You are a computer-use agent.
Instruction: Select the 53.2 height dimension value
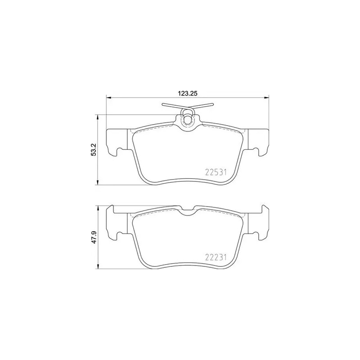94,149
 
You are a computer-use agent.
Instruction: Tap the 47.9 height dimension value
94,237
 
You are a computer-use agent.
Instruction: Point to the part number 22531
215,171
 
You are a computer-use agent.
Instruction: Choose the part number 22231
215,257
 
